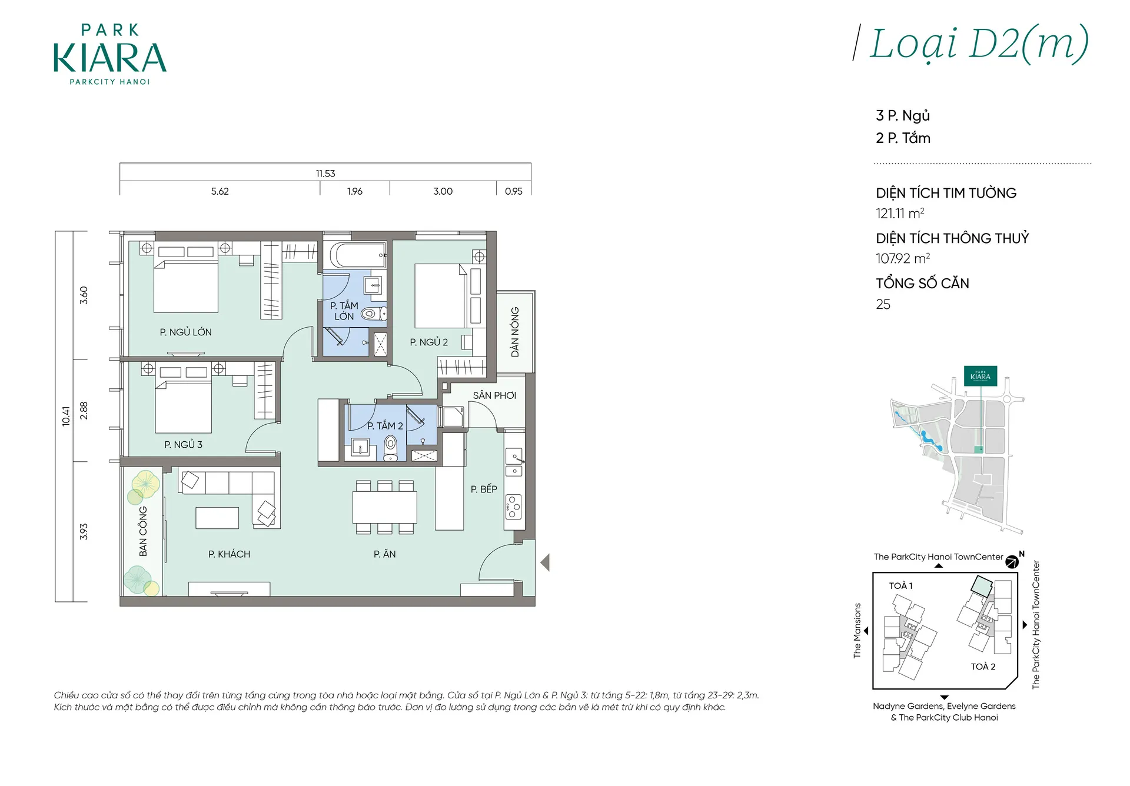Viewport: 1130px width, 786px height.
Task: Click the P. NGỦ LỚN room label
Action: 185,332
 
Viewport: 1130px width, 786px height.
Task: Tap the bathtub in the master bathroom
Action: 357,255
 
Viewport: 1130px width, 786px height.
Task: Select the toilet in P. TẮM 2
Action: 390,448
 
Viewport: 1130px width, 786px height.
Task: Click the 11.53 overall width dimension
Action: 325,174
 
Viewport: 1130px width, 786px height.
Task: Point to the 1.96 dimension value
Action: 355,191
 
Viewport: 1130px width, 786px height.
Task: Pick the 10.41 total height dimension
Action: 66,416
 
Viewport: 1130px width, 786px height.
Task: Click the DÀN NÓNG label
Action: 515,332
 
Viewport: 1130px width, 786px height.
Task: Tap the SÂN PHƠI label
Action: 494,395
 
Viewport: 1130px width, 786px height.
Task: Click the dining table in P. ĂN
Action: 384,507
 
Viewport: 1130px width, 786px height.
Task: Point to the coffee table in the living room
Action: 217,518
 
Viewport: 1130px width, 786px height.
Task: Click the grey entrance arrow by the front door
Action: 545,562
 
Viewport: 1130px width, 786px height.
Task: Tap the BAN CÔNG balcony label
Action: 143,531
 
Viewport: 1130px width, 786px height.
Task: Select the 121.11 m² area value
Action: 900,214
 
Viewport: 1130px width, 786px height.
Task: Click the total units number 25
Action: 883,304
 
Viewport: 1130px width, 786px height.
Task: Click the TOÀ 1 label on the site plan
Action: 900,586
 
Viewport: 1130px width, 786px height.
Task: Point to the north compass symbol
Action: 1012,561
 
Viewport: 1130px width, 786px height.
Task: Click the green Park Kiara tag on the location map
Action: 981,376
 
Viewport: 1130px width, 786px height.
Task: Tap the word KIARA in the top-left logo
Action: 110,58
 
